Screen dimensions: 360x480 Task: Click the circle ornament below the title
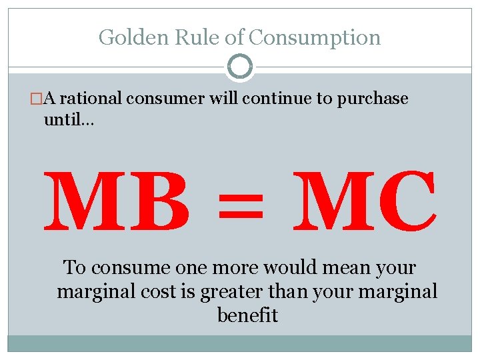(x=240, y=67)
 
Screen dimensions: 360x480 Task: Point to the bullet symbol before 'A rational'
(x=38, y=99)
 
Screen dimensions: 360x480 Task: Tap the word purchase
(x=372, y=99)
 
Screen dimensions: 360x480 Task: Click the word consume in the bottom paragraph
(x=131, y=268)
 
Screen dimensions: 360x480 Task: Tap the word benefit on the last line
(x=247, y=315)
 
